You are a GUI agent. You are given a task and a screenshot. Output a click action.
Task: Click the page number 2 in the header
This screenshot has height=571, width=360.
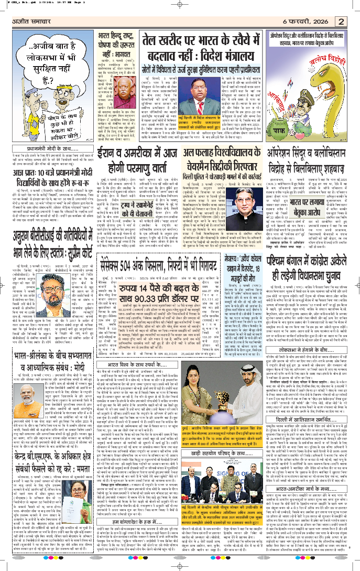(341, 21)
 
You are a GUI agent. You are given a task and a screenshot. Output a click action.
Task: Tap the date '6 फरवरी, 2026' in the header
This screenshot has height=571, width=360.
(307, 21)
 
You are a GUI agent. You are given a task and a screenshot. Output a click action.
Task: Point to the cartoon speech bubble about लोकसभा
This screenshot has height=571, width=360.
(45, 61)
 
